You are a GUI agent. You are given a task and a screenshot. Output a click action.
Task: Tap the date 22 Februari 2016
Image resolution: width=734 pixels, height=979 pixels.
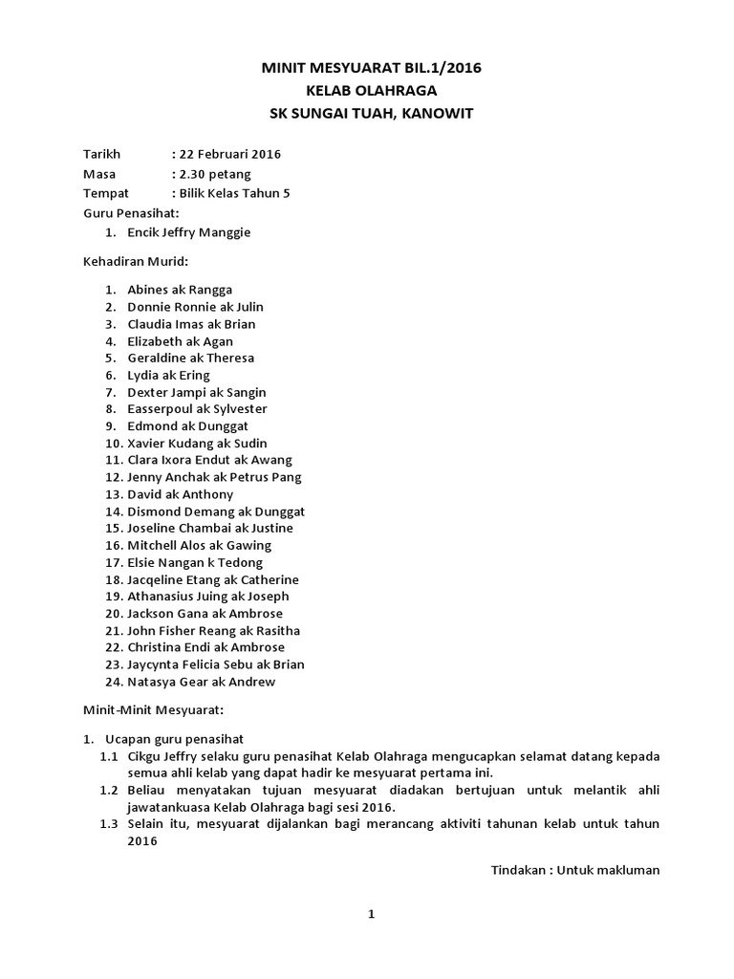point(226,154)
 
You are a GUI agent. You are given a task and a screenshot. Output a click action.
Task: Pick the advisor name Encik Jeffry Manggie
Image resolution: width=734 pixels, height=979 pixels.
point(189,232)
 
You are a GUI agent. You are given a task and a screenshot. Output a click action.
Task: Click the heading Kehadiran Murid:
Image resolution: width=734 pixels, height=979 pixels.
point(135,260)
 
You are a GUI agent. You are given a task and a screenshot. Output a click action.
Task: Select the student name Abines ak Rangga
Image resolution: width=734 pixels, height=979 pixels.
point(180,290)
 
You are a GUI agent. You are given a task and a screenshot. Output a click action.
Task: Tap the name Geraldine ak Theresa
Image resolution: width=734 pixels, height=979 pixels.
point(191,358)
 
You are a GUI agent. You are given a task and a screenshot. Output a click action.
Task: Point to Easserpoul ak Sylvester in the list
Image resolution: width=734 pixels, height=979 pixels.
point(198,409)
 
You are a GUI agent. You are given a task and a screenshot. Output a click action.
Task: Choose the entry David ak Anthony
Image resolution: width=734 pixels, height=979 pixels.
point(181,494)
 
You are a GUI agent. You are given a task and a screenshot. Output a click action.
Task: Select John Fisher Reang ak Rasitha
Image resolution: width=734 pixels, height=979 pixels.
point(214,631)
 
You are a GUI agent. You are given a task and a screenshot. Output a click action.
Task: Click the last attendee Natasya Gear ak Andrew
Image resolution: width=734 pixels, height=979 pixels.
point(201,682)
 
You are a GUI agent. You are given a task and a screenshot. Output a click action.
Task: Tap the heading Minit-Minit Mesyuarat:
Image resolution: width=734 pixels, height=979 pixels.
point(153,710)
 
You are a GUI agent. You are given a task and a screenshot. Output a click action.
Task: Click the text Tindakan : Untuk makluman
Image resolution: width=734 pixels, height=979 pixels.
point(575,870)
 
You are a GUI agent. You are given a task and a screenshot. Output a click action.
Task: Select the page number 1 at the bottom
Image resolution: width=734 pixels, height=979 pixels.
point(372,915)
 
